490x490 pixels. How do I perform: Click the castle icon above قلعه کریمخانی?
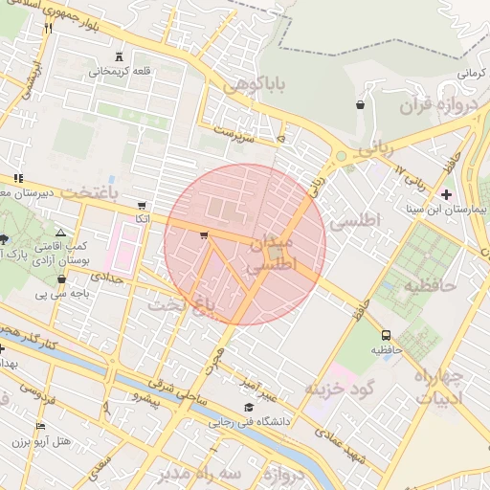coord(119,57)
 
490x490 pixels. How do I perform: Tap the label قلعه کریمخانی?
coord(119,72)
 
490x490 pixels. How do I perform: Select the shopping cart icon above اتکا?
coord(142,205)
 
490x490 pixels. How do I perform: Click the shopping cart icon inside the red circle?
coord(204,234)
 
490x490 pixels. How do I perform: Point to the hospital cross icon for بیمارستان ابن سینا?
coord(446,194)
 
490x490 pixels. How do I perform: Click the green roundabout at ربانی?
coord(340,156)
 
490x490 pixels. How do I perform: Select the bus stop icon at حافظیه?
coord(386,336)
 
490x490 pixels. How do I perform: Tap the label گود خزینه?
coord(338,388)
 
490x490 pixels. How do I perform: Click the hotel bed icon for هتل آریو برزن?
coord(40,427)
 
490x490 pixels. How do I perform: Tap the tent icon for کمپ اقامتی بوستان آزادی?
coord(61,233)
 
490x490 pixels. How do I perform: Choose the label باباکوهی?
coord(255,87)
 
